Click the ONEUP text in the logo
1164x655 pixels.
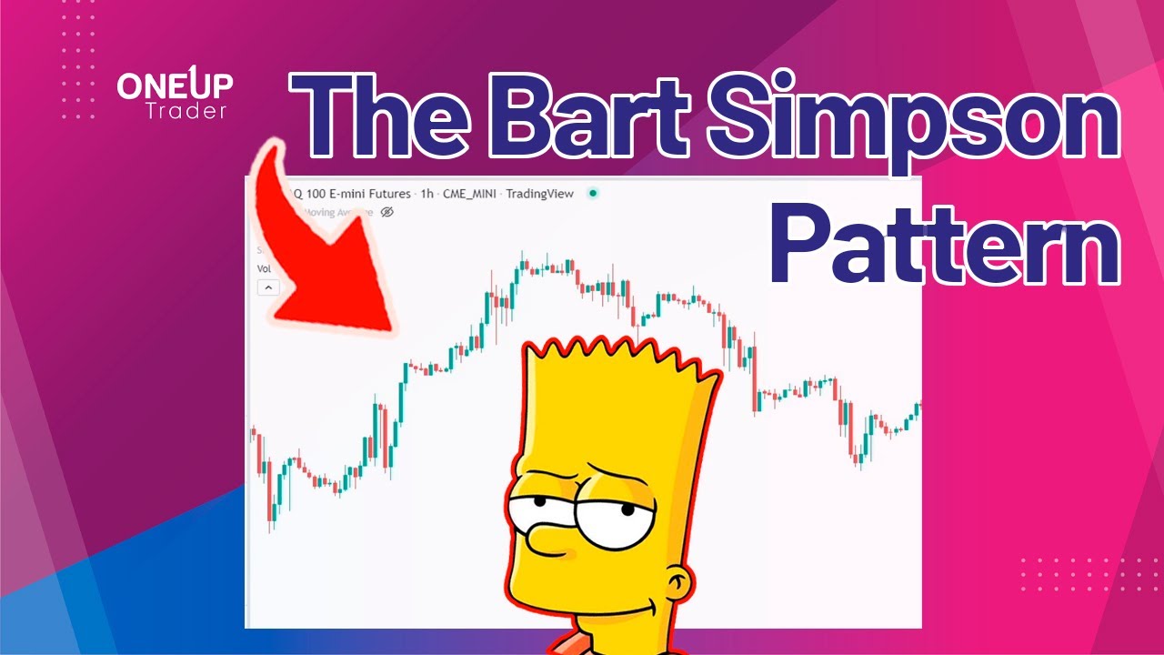coord(175,86)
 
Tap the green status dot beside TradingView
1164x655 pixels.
coord(593,193)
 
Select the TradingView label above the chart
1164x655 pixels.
coord(539,194)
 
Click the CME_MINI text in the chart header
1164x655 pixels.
coord(469,194)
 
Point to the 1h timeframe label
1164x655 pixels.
coord(426,194)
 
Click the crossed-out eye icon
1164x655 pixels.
coord(386,212)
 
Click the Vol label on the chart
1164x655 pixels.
coord(264,269)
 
